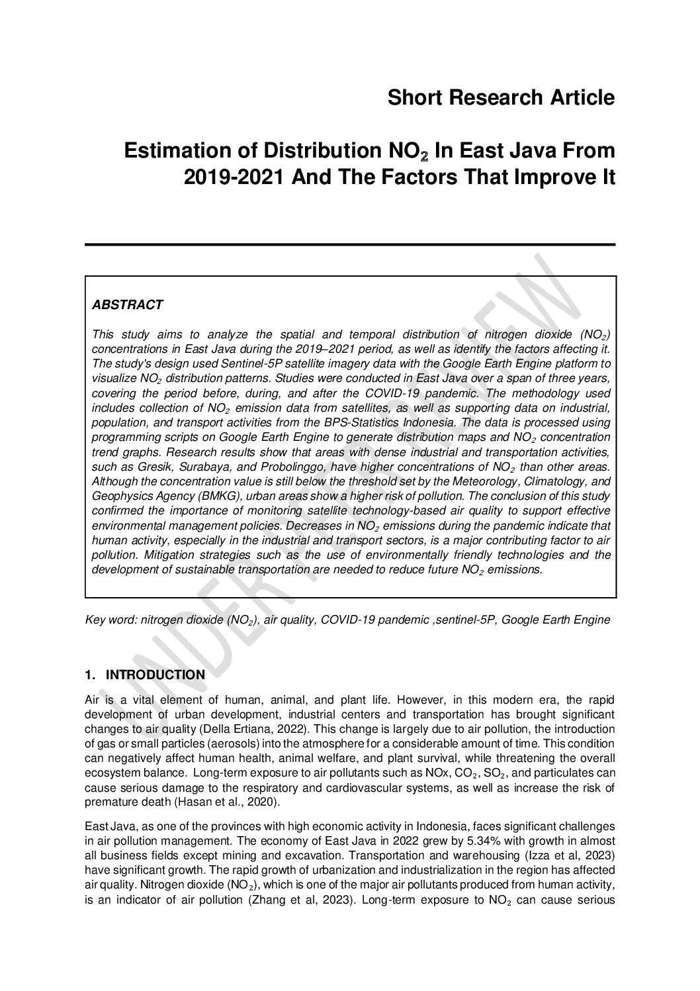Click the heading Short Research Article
[501, 98]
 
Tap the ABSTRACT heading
[127, 305]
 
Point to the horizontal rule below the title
[350, 245]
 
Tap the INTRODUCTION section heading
[155, 675]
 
